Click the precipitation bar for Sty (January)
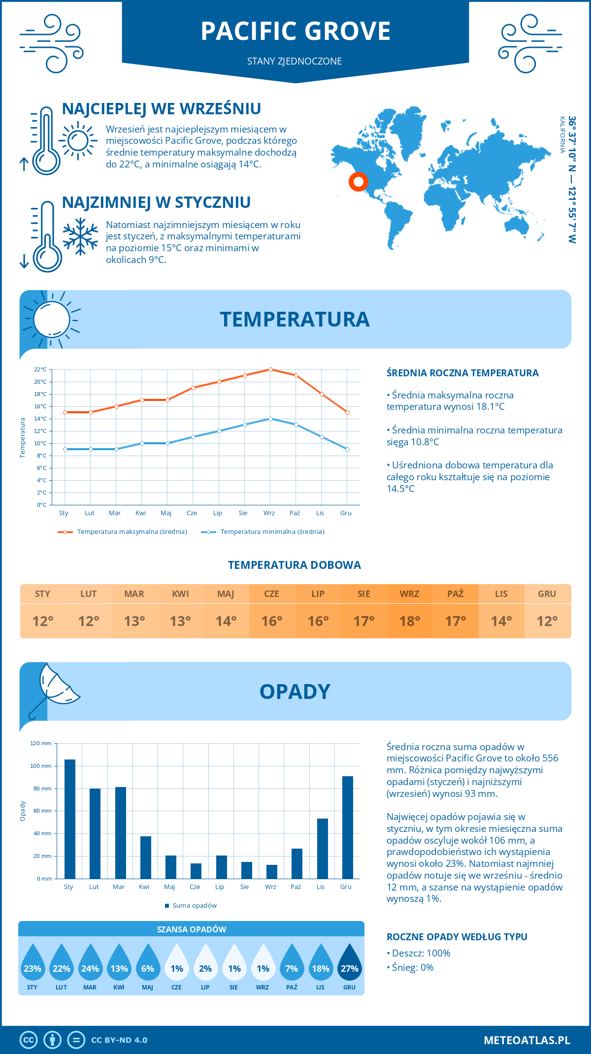[70, 819]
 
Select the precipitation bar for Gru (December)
[348, 827]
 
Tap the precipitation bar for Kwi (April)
[146, 857]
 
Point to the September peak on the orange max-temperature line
[270, 369]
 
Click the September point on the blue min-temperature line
[270, 419]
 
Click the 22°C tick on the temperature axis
[40, 369]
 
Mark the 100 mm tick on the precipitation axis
[41, 766]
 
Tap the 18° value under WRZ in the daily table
[410, 621]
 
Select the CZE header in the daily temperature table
[272, 594]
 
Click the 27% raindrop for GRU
[349, 965]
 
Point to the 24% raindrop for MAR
[90, 965]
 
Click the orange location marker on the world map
[359, 182]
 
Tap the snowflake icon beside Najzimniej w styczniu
[80, 236]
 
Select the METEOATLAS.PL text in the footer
[527, 1040]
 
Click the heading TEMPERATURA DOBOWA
[295, 565]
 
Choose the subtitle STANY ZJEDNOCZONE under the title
[295, 61]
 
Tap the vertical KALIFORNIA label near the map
[562, 135]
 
